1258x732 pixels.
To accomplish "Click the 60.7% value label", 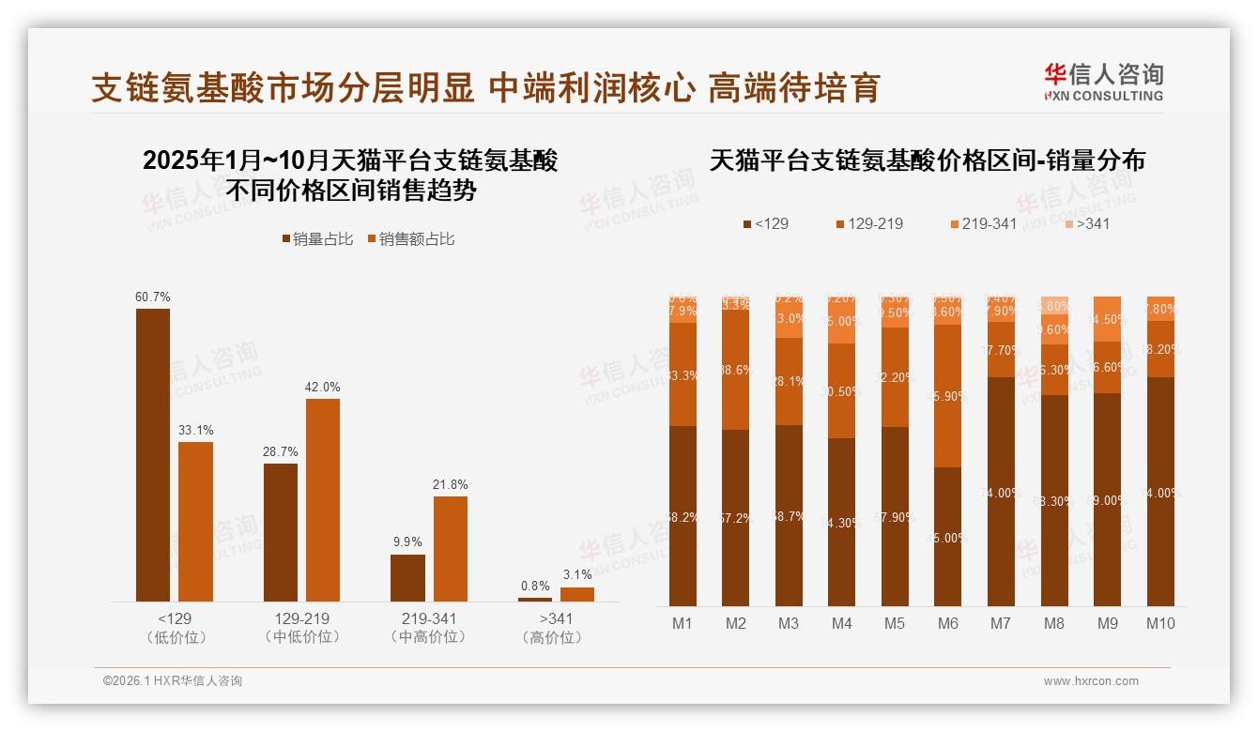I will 153,297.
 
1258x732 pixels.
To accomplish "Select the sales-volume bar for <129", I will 153,455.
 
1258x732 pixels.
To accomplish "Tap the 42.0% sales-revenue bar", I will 323,500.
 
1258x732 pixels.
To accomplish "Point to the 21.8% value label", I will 451,485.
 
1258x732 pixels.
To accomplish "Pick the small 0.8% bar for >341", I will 535,599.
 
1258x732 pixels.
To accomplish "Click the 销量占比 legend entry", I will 317,239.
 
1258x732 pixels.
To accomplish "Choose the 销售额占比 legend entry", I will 411,239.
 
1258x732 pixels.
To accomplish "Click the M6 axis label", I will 948,623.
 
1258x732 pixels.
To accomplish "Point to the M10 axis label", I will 1160,623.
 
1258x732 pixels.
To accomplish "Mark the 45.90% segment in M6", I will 948,396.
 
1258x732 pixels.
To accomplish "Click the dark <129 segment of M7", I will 1001,492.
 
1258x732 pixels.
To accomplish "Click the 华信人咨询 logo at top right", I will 1103,82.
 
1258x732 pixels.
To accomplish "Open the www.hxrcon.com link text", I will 1091,681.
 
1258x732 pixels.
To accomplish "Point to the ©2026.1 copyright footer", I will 173,681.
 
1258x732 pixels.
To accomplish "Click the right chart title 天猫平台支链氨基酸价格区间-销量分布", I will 927,160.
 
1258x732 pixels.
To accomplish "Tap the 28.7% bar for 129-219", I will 281,532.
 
